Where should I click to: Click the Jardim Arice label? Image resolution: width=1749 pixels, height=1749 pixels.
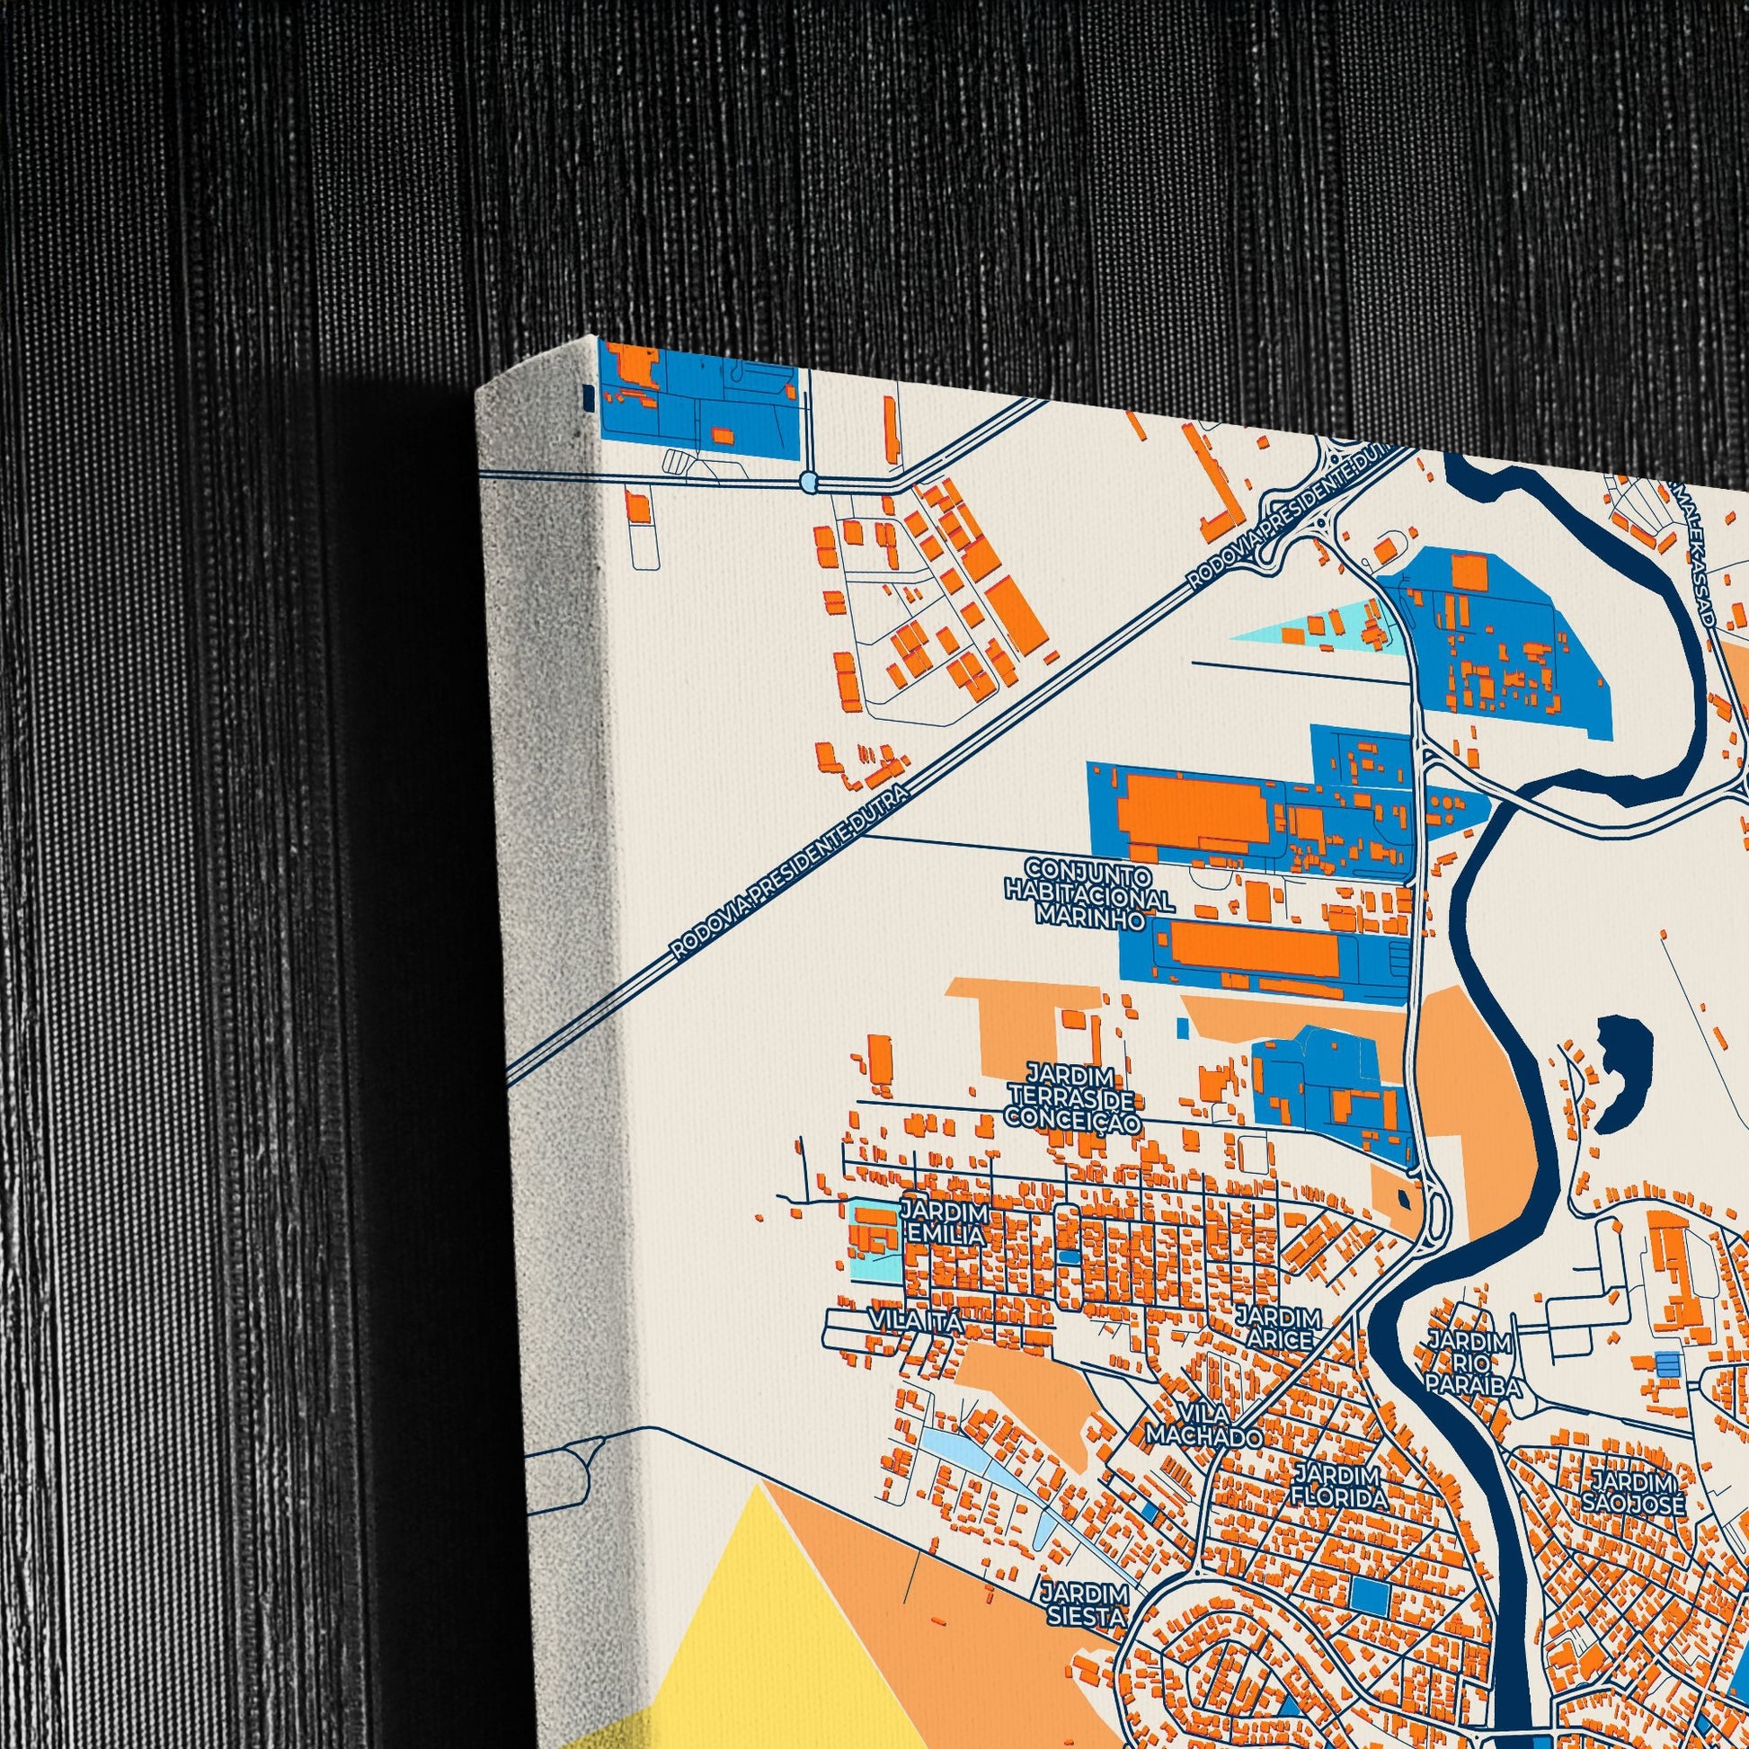tap(1278, 1327)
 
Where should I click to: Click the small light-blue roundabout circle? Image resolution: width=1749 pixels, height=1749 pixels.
tap(809, 480)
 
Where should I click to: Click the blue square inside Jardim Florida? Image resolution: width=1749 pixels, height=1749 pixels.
tap(1369, 1594)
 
